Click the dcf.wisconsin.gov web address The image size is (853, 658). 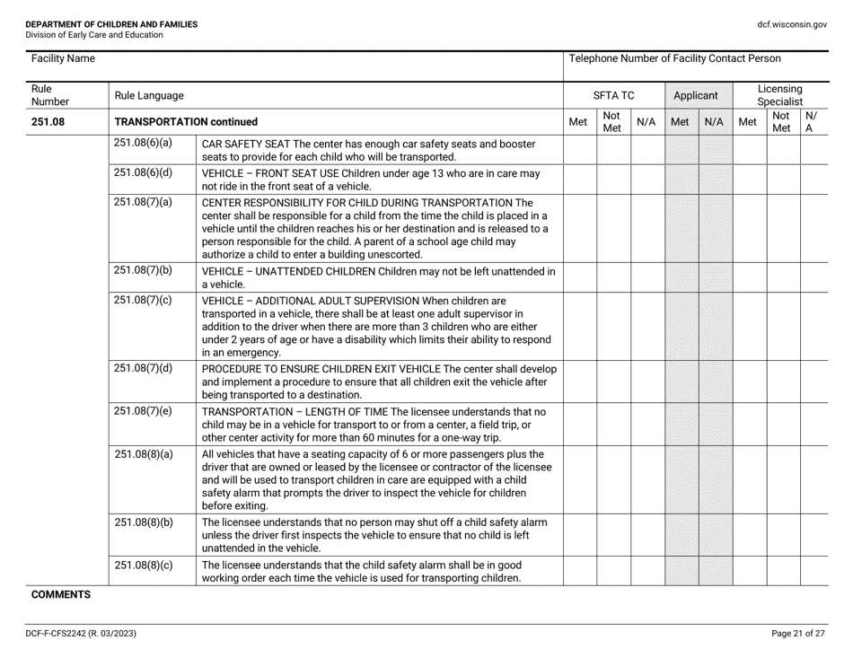click(x=792, y=24)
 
